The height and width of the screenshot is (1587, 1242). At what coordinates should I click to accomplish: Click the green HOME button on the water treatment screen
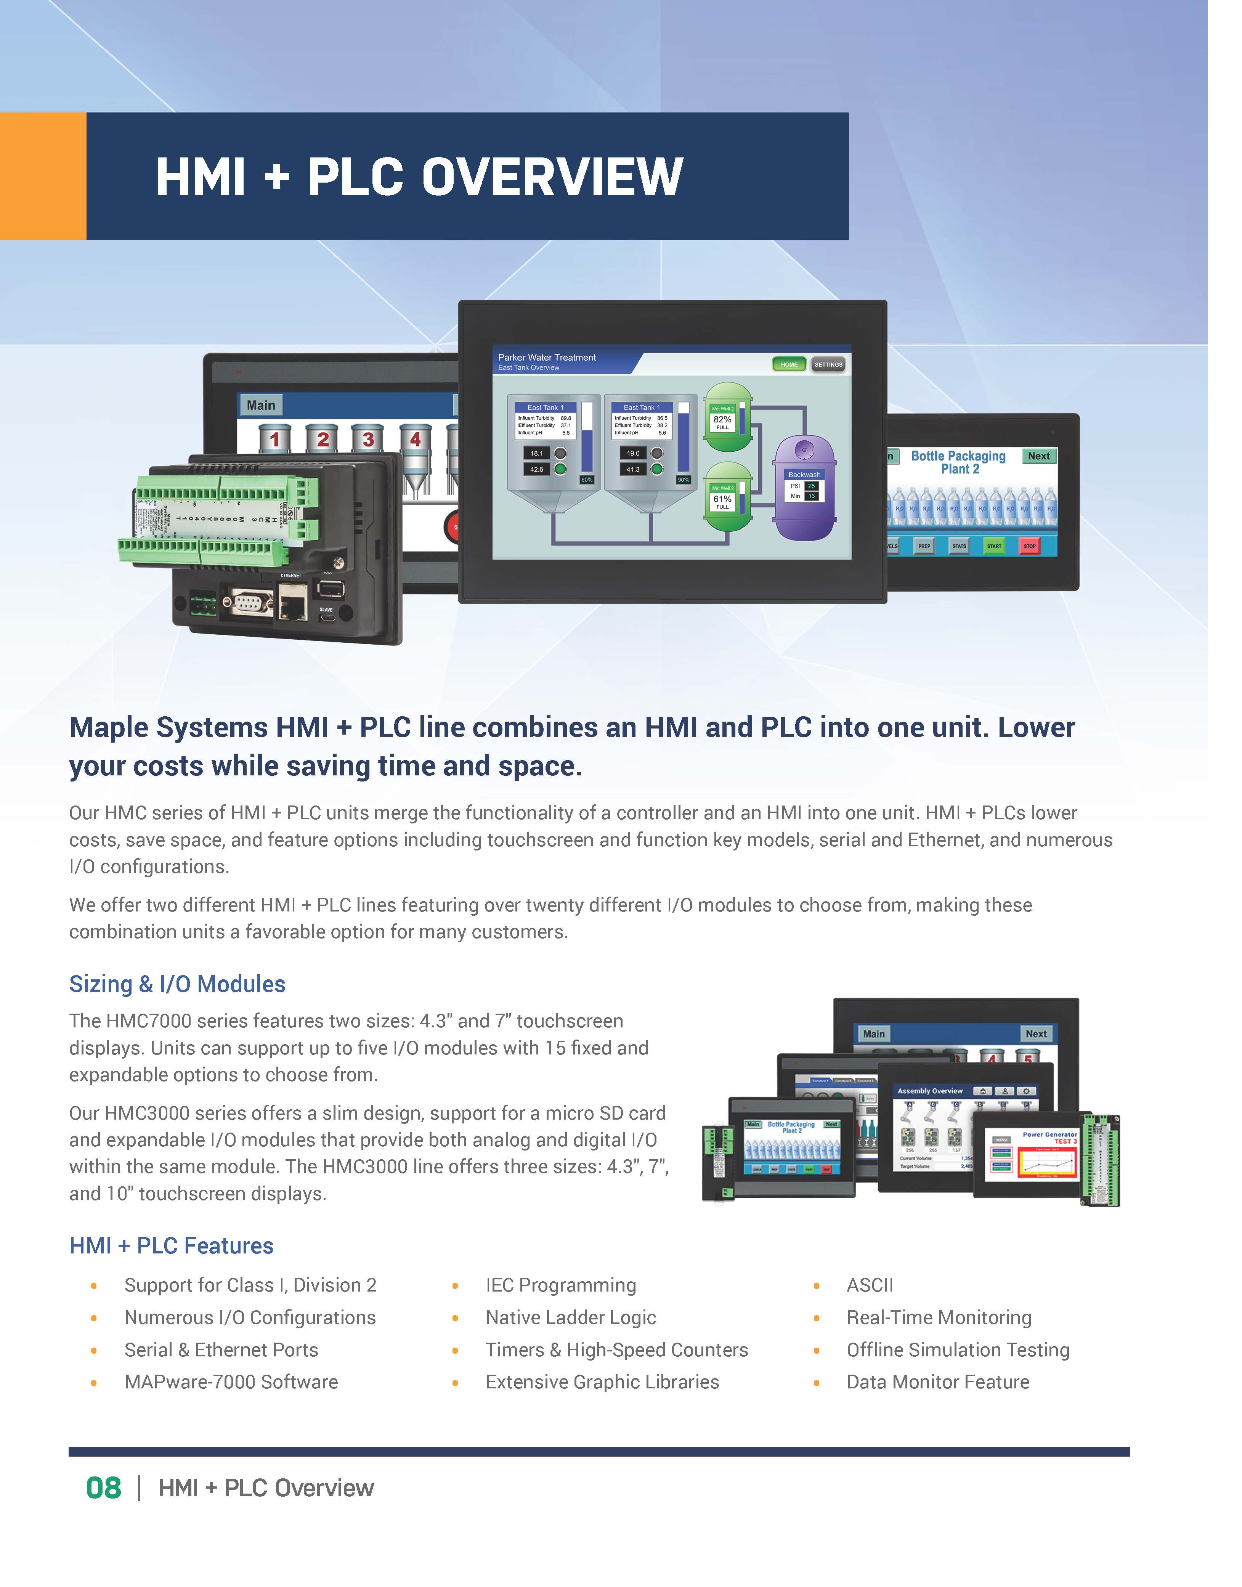789,364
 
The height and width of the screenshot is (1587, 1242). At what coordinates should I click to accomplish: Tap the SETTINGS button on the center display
828,364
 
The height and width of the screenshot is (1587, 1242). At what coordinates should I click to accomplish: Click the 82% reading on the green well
722,419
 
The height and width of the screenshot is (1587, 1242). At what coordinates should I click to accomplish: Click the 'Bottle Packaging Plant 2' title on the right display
958,462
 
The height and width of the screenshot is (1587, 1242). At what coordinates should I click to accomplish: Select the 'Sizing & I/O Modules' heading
177,984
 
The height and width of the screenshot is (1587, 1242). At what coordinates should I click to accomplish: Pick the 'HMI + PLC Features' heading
172,1245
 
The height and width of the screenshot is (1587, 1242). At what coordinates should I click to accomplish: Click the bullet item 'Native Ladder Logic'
571,1317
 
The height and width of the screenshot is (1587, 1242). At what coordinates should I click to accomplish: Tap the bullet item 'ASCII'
870,1285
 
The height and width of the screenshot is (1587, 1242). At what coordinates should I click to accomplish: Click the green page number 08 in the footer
103,1488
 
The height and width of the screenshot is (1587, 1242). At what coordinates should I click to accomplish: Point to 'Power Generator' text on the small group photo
1049,1134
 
